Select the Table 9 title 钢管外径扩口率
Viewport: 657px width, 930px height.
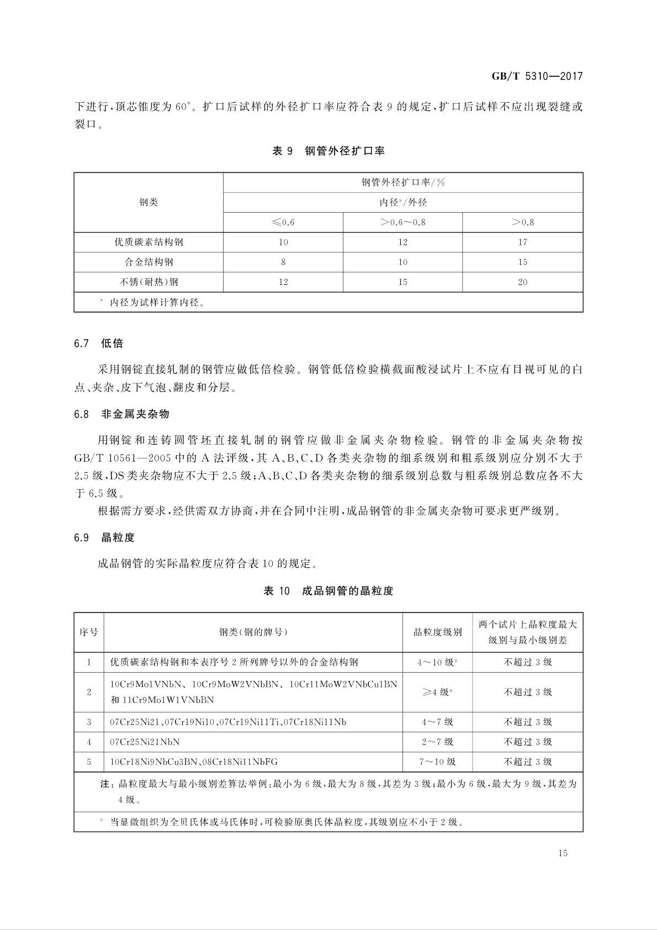click(345, 151)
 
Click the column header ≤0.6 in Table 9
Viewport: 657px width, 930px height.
click(283, 223)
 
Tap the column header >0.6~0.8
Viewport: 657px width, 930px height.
click(402, 223)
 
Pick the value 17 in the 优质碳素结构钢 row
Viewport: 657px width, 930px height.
click(522, 242)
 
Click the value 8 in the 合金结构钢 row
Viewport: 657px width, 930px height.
click(283, 262)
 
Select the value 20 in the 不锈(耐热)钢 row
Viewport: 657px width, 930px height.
click(522, 282)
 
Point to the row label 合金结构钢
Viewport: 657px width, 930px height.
click(149, 262)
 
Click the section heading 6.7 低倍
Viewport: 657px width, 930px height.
click(99, 344)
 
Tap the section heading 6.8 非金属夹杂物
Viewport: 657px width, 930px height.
click(121, 414)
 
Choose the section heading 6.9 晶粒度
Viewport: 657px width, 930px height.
click(104, 537)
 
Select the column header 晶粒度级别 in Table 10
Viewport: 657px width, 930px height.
click(437, 632)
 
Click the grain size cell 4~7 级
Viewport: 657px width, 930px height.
click(437, 722)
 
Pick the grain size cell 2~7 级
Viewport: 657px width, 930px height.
click(437, 742)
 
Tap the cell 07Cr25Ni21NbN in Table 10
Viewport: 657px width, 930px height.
click(145, 742)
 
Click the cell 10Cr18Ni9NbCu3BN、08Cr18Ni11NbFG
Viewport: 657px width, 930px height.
click(194, 762)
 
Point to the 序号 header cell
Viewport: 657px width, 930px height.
click(89, 632)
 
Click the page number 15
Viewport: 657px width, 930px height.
click(563, 853)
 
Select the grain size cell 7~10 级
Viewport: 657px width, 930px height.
click(437, 762)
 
